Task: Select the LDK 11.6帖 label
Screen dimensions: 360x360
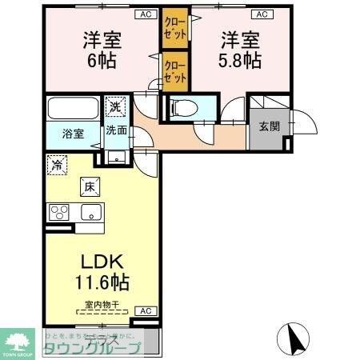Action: tap(103, 271)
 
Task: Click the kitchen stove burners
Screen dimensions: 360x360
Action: tap(60, 213)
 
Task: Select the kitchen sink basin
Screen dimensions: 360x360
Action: tap(89, 213)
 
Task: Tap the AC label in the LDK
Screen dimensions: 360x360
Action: tap(145, 310)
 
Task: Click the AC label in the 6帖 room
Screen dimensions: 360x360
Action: tap(145, 14)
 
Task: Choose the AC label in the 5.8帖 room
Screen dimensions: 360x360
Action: tap(262, 14)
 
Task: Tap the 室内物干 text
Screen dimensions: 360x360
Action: tap(103, 305)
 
